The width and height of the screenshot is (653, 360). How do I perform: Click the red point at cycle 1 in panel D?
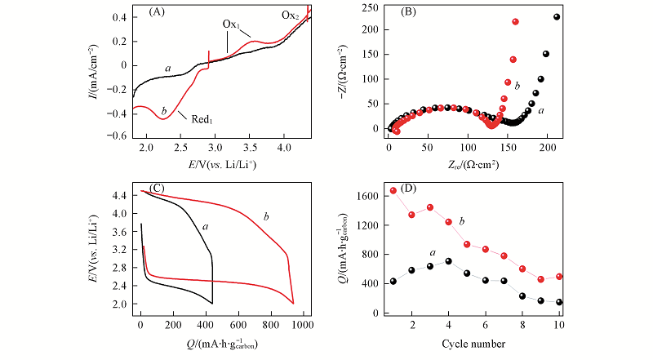click(x=393, y=190)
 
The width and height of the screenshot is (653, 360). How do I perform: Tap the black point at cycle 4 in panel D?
click(x=449, y=261)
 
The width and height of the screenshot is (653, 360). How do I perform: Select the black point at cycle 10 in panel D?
click(x=560, y=302)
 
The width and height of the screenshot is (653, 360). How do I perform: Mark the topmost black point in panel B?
click(x=557, y=17)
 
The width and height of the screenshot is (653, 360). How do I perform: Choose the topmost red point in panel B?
click(x=515, y=22)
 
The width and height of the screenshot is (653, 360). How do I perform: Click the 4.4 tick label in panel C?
click(x=123, y=195)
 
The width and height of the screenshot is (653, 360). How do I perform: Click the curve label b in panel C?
click(x=265, y=216)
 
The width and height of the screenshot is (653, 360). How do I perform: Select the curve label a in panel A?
click(x=167, y=69)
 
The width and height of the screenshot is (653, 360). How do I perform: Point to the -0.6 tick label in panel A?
click(x=120, y=136)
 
